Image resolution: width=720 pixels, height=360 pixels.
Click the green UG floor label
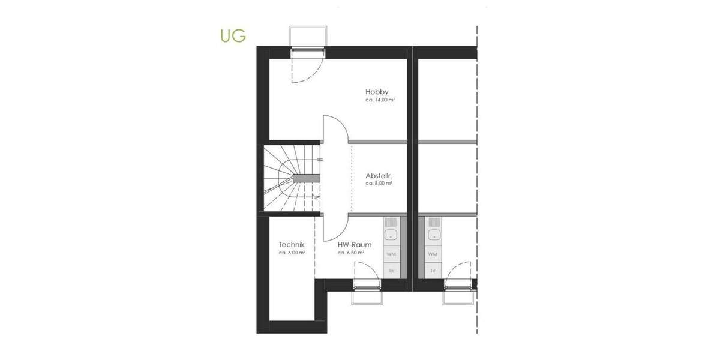point(233,35)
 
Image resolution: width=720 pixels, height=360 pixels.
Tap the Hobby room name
point(377,92)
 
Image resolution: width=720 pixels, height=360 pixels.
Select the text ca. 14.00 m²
point(380,100)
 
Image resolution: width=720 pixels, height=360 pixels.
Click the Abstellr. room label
point(379,176)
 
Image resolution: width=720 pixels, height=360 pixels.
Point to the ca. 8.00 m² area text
point(379,184)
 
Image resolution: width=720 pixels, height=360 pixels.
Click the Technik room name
point(292,245)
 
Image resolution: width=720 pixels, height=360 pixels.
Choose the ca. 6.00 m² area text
point(292,253)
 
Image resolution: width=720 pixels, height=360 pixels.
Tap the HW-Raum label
point(354,245)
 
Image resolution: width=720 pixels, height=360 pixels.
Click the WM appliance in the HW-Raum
point(391,254)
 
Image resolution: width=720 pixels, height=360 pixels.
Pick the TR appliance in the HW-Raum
point(391,271)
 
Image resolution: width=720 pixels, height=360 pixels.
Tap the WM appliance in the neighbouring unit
point(433,254)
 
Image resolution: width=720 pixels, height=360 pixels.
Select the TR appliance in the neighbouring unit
point(433,271)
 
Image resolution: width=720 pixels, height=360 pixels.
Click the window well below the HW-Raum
point(367,296)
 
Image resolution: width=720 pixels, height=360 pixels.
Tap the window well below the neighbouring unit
point(458,296)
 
